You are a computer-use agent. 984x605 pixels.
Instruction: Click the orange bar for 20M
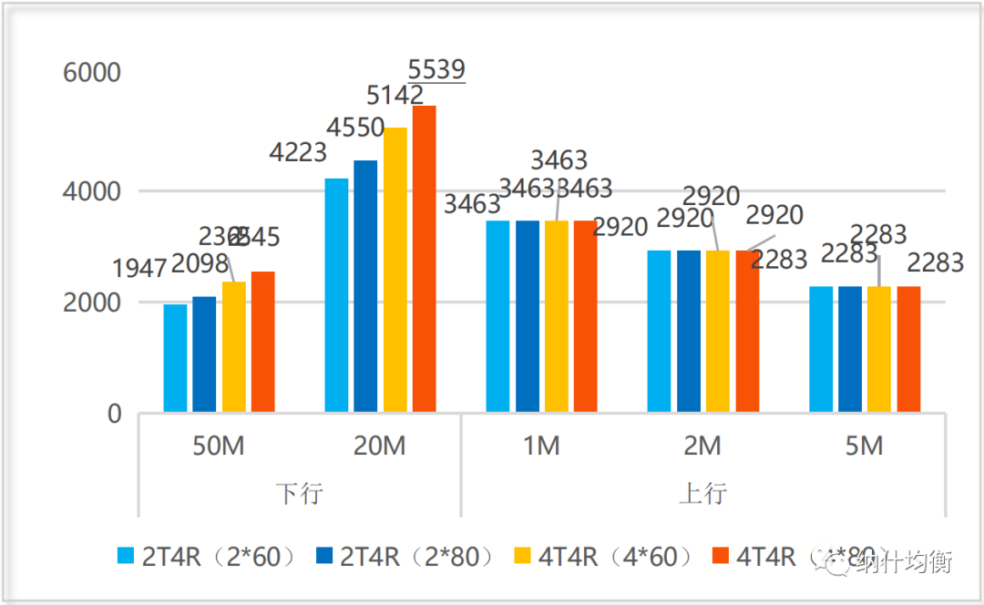tap(425, 260)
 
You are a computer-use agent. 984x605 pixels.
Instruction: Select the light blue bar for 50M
tap(175, 358)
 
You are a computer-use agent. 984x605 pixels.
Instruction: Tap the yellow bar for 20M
tap(395, 270)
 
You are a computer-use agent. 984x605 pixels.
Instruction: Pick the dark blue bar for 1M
tap(528, 316)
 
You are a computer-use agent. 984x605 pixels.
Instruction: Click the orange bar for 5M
tap(908, 349)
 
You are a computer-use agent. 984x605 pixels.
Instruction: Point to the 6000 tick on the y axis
tap(92, 73)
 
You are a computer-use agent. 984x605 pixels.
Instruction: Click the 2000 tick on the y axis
tap(92, 302)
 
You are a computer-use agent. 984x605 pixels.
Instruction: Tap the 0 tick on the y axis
tap(114, 415)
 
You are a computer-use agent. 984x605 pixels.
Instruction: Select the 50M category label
tap(219, 446)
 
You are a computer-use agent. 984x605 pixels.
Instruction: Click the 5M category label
tap(864, 446)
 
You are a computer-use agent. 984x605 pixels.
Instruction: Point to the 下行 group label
tap(300, 494)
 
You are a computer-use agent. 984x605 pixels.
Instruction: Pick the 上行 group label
tap(702, 494)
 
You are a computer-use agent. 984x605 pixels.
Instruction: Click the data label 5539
tap(436, 69)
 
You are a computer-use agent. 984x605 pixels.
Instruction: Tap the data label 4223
tap(298, 152)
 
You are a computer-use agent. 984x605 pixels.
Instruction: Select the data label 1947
tap(139, 269)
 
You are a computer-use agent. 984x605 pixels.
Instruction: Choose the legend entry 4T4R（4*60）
tap(605, 556)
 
